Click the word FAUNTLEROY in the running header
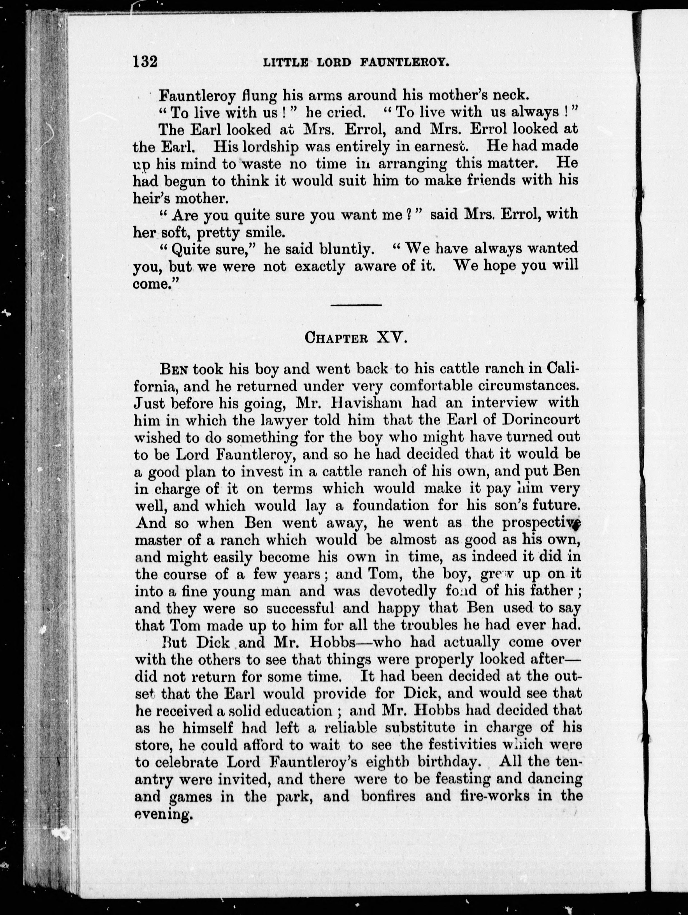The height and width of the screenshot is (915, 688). (x=404, y=63)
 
